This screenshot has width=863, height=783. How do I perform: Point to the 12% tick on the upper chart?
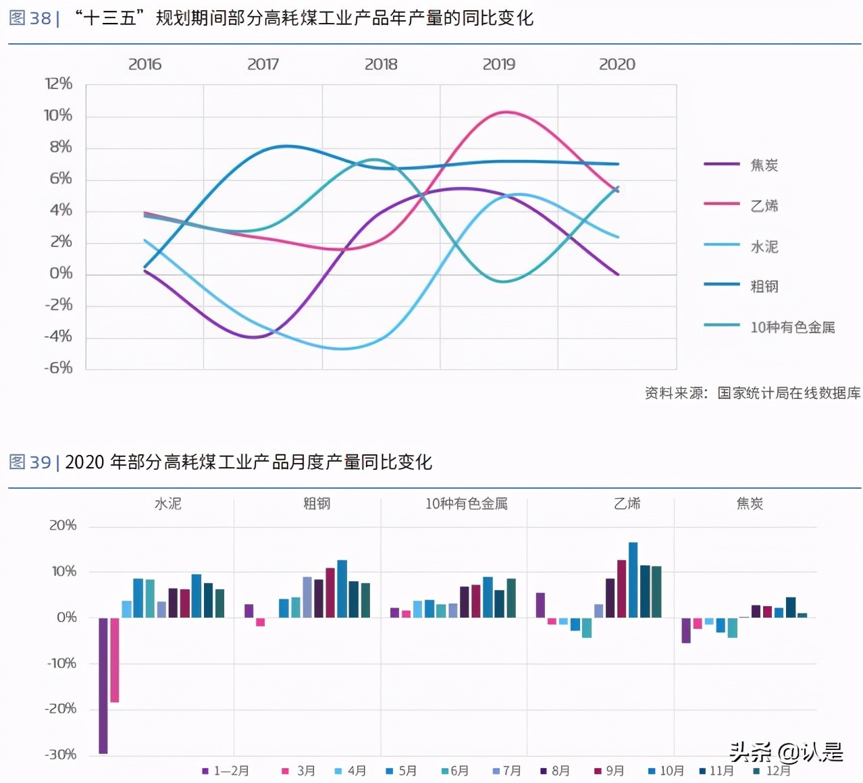(59, 84)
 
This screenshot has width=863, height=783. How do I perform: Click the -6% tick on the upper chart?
(59, 368)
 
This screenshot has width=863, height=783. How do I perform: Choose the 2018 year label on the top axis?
(381, 64)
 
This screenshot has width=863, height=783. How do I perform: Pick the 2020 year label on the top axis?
(617, 64)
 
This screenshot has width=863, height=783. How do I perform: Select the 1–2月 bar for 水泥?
(103, 684)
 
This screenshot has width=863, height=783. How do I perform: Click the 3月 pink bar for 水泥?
(115, 659)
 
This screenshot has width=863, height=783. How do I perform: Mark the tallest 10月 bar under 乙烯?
(633, 579)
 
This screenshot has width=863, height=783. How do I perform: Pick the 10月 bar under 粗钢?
(342, 589)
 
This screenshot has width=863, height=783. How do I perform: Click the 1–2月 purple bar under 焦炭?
(686, 630)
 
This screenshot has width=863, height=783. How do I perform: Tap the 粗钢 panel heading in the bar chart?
(317, 504)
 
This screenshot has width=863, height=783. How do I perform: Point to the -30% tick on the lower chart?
(61, 754)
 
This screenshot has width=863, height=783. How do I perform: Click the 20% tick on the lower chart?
(63, 525)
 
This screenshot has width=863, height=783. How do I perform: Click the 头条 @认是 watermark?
(786, 751)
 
